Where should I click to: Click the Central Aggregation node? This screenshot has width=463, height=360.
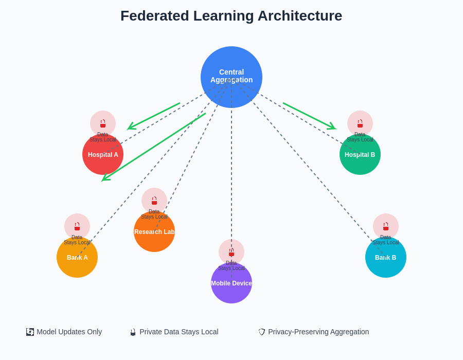point(232,77)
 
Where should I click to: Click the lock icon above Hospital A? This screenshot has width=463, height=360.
point(103,123)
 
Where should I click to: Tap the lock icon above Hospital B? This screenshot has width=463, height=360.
point(360,123)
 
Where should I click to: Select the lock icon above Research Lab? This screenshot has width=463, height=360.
point(154,201)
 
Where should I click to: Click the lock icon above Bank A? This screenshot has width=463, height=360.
point(77,226)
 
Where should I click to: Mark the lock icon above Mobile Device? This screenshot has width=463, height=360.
point(232,252)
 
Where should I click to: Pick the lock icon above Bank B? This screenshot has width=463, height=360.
point(386,226)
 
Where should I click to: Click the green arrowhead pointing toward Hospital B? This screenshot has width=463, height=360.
point(332,127)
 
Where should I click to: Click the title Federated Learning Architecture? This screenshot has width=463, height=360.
point(231,16)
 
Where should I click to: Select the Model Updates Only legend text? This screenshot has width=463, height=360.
point(69,332)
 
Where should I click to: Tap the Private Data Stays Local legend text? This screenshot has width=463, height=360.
point(179,332)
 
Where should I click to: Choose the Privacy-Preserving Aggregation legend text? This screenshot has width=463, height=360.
point(318,332)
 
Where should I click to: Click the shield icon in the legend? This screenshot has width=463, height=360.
point(262,332)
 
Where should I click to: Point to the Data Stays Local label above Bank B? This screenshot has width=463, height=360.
point(386,240)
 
